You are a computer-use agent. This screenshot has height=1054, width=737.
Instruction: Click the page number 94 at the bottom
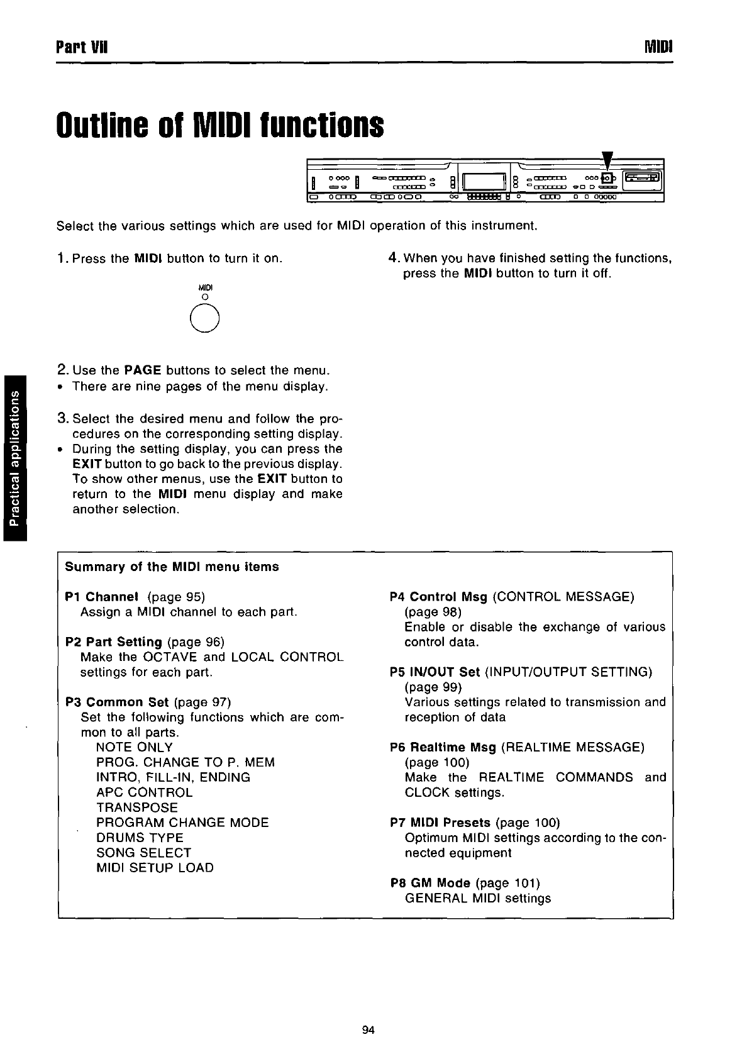click(368, 1030)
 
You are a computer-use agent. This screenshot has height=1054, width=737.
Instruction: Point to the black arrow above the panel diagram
click(607, 164)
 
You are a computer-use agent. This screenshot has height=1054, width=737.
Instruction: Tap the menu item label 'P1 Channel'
click(101, 596)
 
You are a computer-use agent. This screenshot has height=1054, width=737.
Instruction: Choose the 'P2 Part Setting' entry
click(113, 641)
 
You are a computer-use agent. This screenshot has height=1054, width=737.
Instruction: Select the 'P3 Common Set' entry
click(117, 702)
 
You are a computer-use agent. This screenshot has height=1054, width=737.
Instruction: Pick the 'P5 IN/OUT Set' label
click(435, 672)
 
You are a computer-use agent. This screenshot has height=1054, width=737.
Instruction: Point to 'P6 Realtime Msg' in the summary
click(443, 747)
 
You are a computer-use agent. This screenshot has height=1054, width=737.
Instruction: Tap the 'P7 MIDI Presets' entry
click(440, 823)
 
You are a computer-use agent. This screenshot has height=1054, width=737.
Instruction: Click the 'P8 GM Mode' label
click(430, 883)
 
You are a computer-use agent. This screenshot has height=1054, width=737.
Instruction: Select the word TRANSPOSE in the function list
click(137, 807)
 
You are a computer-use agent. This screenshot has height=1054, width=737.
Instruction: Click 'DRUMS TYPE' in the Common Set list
click(140, 838)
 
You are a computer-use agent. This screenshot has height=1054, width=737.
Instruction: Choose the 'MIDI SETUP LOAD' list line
click(155, 868)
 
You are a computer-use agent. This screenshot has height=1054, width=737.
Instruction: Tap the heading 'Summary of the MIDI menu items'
click(172, 566)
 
